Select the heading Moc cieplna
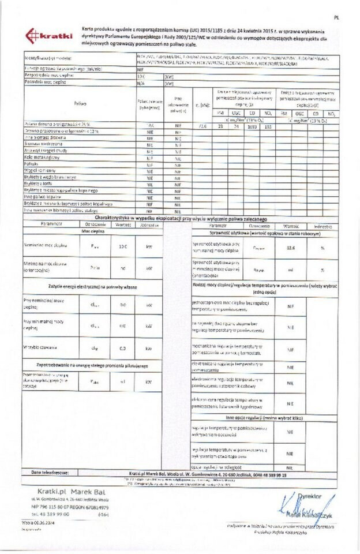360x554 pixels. [92, 230]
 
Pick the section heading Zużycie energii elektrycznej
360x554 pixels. [92, 286]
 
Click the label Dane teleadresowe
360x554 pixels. [51, 471]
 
